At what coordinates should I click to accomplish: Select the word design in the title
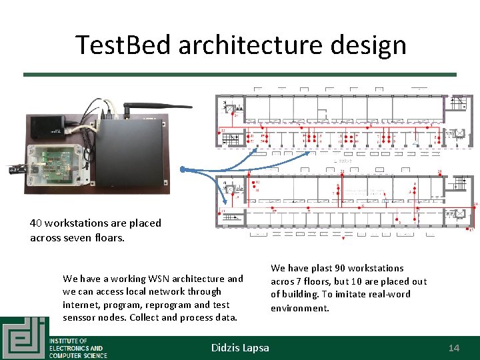pyautogui.click(x=373, y=45)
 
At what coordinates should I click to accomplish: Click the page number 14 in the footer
pyautogui.click(x=453, y=348)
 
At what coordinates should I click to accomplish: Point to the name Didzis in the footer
pyautogui.click(x=226, y=348)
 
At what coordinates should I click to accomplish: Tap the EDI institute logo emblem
pyautogui.click(x=24, y=339)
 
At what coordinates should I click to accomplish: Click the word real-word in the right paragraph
pyautogui.click(x=389, y=294)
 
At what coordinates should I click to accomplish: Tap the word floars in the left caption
pyautogui.click(x=109, y=237)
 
